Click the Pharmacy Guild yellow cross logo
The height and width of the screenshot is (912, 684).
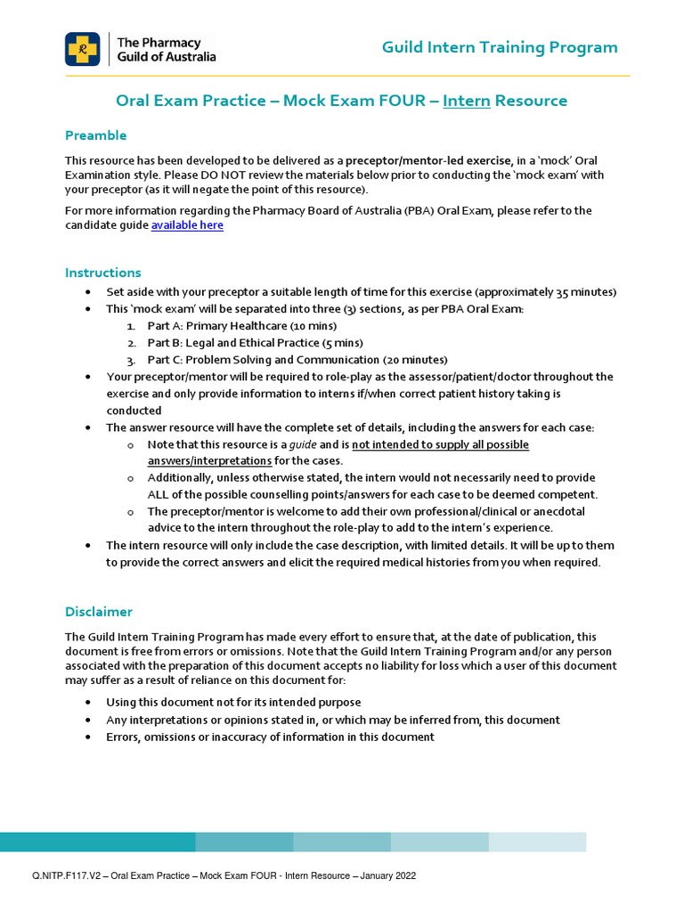coord(83,49)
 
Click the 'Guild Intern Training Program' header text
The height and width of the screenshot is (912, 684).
coord(500,47)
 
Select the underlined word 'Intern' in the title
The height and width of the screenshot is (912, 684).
coord(468,101)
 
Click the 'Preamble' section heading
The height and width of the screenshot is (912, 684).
coord(96,135)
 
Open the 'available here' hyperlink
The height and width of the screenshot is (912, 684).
coord(187,225)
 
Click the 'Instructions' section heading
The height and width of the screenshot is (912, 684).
coord(103,273)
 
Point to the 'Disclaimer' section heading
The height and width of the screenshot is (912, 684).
coord(99,612)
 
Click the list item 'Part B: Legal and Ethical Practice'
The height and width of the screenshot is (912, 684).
coord(255,343)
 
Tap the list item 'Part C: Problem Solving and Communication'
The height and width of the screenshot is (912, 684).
coord(297,360)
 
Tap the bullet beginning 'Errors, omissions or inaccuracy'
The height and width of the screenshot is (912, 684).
coord(270,737)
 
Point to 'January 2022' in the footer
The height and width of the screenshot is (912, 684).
coord(386,876)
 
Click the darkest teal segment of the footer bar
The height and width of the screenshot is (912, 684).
coord(98,842)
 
